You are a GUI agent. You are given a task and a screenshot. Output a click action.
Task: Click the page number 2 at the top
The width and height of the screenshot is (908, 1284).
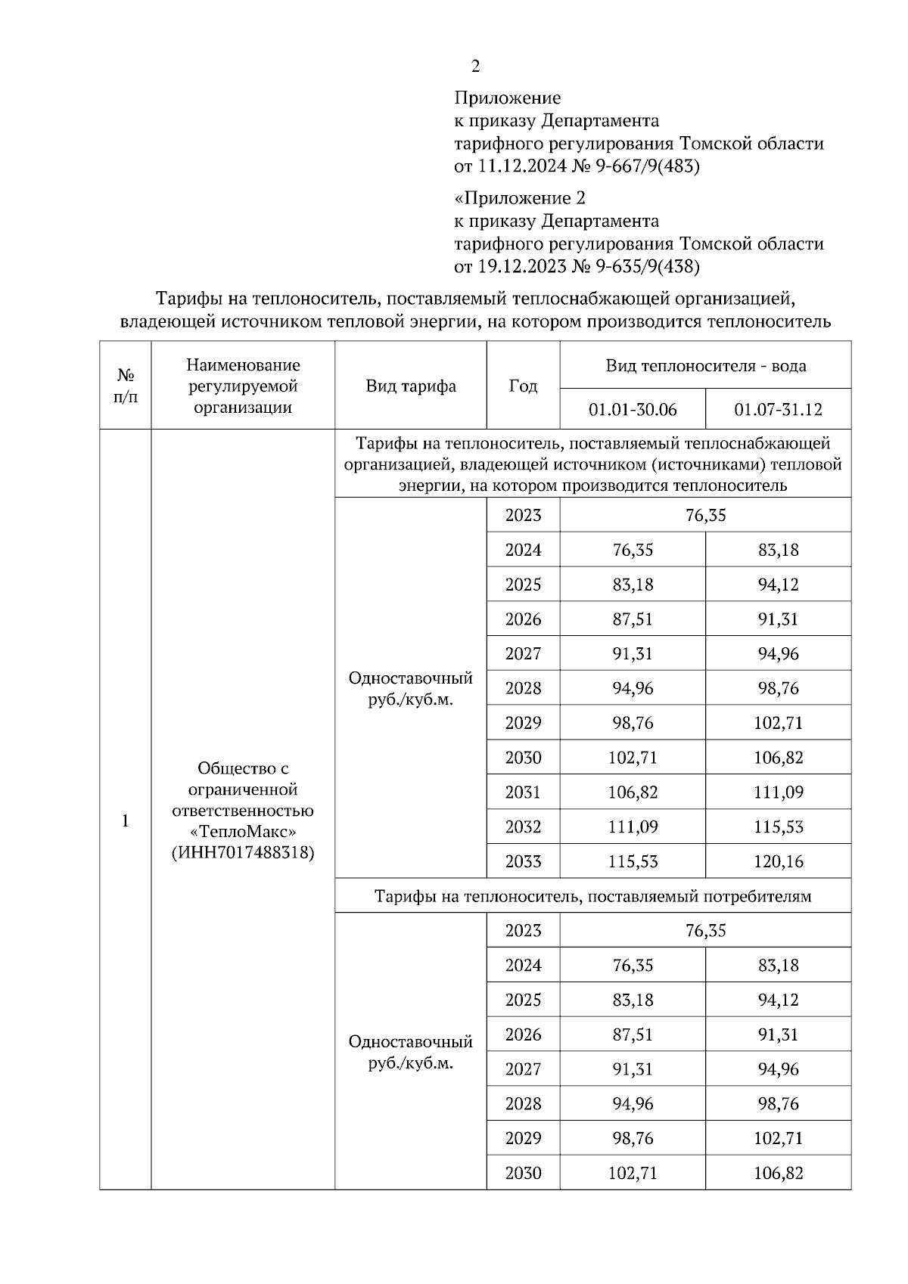(x=475, y=67)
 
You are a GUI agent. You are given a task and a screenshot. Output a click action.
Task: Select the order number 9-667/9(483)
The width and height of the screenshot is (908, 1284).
(x=648, y=166)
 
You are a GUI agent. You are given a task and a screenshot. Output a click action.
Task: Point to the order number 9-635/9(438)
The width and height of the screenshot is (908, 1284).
(x=648, y=266)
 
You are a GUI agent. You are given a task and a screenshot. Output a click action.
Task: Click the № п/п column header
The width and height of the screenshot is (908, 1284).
(x=126, y=386)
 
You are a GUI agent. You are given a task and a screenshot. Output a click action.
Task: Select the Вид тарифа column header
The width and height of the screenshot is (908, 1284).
(x=411, y=386)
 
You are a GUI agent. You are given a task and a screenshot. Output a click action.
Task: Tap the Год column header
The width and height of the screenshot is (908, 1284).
(x=523, y=386)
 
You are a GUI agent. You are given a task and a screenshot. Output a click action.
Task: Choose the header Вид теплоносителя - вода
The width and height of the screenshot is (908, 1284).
(x=705, y=366)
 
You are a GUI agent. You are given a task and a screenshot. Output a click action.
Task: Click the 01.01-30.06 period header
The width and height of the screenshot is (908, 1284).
(x=633, y=410)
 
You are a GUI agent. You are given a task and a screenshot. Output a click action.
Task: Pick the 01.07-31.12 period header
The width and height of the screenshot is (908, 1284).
(x=778, y=410)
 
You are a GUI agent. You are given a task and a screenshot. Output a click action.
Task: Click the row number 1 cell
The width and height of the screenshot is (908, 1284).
(x=126, y=820)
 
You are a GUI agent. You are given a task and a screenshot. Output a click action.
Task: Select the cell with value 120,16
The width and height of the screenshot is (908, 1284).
(x=778, y=861)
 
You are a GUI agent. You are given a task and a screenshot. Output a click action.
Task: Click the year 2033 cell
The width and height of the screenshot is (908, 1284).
(x=523, y=861)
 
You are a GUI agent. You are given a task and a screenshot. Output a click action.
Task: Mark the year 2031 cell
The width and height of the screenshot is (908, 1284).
(x=523, y=792)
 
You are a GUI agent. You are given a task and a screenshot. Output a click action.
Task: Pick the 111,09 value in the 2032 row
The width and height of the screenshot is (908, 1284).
(x=633, y=827)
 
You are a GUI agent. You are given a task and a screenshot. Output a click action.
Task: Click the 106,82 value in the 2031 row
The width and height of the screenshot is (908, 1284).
(x=633, y=792)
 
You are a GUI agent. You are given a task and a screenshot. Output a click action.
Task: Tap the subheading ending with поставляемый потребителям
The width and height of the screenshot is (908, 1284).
(x=592, y=896)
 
